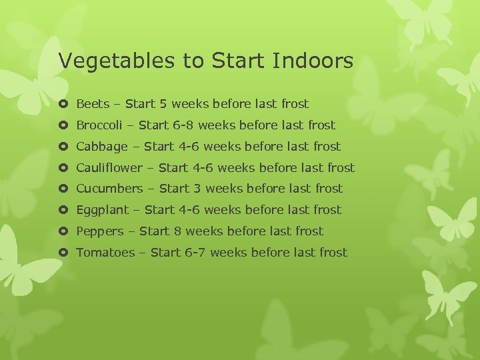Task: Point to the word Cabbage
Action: (x=101, y=147)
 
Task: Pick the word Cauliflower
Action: (x=109, y=168)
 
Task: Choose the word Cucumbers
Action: (x=109, y=189)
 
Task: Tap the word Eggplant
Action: (x=102, y=210)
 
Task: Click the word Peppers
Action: (x=100, y=231)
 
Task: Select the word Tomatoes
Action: (x=105, y=253)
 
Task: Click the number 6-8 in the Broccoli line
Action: (x=180, y=125)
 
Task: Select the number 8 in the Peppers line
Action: (x=177, y=231)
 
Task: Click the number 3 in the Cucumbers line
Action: (x=197, y=189)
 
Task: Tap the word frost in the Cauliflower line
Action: (x=341, y=168)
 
